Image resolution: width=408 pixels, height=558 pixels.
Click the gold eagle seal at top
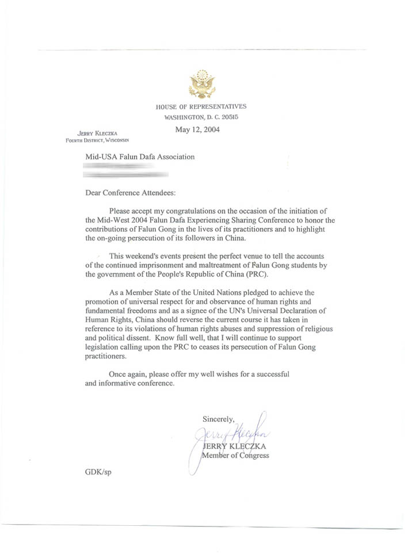pos(201,84)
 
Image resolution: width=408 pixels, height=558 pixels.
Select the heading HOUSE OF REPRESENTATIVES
pos(201,106)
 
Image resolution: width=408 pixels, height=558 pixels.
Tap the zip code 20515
pos(229,117)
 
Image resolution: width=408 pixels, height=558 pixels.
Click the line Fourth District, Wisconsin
pos(97,140)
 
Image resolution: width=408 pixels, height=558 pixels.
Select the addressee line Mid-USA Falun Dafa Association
pos(140,156)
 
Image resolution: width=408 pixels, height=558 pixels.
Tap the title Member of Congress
pos(235,456)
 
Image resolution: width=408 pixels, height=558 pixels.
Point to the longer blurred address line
pos(126,173)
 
